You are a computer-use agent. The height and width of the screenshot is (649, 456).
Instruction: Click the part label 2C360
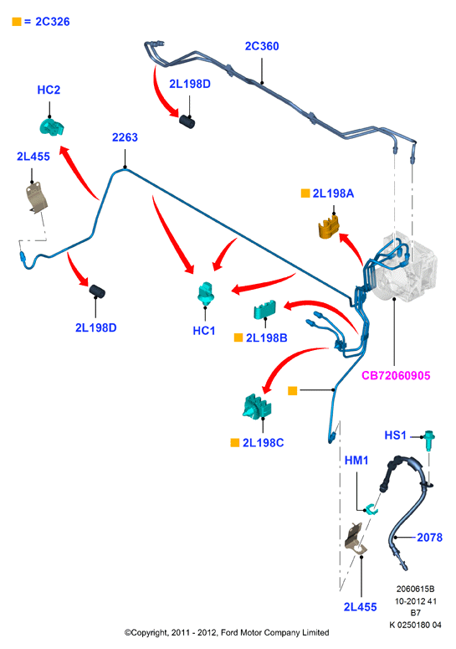coord(262,46)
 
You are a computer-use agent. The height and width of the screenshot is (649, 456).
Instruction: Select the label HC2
coord(49,90)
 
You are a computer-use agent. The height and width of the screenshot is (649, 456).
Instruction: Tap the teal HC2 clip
coord(52,126)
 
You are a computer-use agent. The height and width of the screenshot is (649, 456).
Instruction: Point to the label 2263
coord(125,137)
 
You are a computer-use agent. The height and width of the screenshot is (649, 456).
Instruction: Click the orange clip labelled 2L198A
coord(329,226)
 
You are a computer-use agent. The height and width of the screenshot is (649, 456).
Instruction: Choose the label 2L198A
coord(333,193)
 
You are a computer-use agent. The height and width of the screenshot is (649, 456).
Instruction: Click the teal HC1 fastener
coord(206,293)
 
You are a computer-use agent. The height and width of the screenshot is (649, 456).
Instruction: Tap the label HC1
coord(204,331)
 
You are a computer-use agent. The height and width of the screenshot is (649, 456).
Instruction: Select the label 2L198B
coord(266,338)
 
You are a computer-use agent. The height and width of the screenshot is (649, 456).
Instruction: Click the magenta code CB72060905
coord(396,375)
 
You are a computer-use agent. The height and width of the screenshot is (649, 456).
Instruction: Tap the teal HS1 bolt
coord(429,440)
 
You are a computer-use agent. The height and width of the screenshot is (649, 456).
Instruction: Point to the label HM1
coord(356,461)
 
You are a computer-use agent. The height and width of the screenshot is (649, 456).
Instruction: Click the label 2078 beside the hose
coord(429,538)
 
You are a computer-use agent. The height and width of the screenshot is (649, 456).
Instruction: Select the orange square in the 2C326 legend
coord(17,22)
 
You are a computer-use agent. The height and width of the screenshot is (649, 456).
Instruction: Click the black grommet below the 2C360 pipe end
coord(187,121)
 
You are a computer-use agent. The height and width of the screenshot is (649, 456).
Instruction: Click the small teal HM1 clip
coord(371,509)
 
